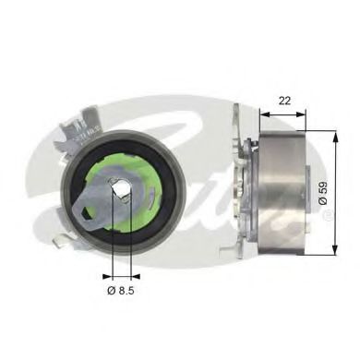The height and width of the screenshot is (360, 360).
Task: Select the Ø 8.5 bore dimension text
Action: pos(122,292)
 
